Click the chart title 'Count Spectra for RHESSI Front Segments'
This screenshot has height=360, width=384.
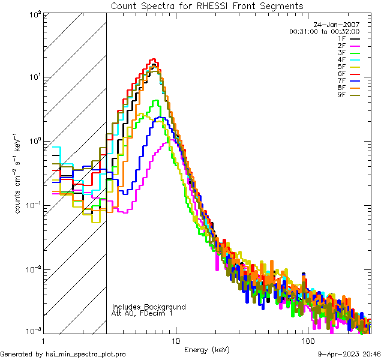[207, 5]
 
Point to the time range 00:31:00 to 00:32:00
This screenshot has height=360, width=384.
[324, 31]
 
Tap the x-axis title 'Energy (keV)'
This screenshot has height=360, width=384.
[206, 349]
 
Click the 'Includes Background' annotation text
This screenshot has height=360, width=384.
[149, 307]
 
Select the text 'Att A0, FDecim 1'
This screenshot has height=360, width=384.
[142, 313]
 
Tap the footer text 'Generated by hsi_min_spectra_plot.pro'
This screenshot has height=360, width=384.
[63, 354]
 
